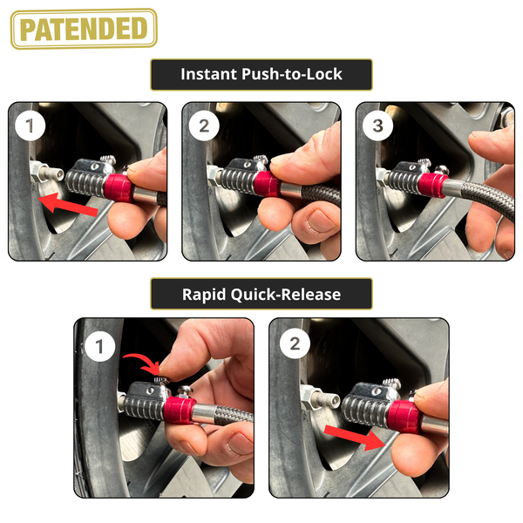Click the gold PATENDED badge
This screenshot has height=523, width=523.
pos(84,29)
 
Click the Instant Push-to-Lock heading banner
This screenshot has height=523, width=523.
pos(261,75)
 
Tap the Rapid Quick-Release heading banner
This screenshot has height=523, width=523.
pos(261,294)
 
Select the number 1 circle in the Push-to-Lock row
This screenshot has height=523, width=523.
pos(30,126)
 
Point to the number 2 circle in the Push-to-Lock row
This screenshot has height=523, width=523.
pos(204,126)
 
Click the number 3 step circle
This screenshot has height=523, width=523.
pos(377,126)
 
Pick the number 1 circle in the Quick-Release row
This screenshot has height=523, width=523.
pos(99,346)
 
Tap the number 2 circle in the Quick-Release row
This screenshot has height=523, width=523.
pos(295,343)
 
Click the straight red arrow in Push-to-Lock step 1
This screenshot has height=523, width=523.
pos(68,204)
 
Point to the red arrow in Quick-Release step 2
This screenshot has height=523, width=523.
pos(356,438)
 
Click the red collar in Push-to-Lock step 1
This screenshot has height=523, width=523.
pos(119,187)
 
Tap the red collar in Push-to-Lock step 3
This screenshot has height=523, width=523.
pos(433,185)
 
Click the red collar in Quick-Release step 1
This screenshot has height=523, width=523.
pos(179,410)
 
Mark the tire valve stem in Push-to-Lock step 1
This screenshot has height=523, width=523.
pos(47,172)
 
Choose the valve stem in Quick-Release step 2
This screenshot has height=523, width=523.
pos(320,397)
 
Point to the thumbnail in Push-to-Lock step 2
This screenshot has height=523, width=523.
pos(320,221)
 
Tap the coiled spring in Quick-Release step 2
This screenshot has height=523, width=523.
pos(365,410)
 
